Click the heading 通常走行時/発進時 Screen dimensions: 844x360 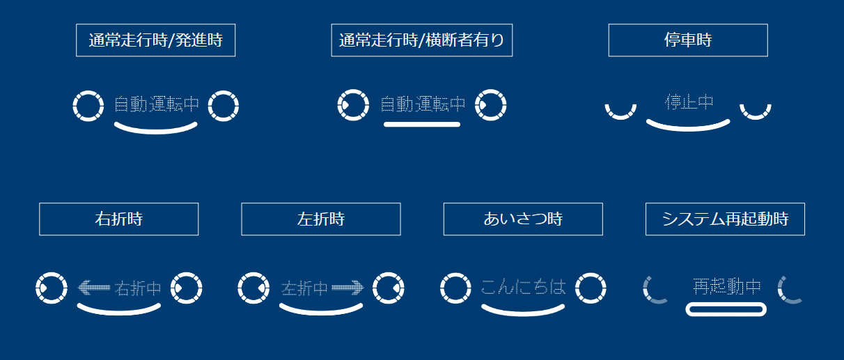(155, 40)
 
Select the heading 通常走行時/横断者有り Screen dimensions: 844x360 (421, 40)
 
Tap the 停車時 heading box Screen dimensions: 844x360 (688, 40)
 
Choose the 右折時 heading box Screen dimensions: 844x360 (118, 219)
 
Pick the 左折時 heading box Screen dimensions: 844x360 (321, 219)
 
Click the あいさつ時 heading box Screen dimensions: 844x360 (523, 219)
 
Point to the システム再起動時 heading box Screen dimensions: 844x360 (725, 219)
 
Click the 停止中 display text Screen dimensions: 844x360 (689, 102)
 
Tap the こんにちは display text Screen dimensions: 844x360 (523, 286)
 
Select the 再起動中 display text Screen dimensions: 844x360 (726, 286)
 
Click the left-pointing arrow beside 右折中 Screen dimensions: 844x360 (94, 287)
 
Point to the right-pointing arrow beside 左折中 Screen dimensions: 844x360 (347, 287)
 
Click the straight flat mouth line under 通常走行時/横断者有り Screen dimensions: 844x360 (421, 125)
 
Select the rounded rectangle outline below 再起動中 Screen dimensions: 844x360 (726, 309)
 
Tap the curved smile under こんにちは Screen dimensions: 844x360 (523, 310)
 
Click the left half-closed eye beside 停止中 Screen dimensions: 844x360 (620, 112)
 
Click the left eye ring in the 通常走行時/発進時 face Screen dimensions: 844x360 (88, 106)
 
